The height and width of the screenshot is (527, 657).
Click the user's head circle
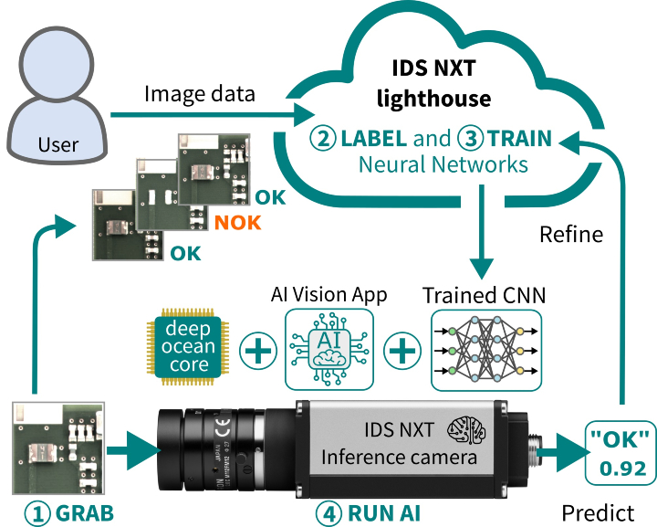[57, 64]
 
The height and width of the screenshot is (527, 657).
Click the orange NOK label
[237, 223]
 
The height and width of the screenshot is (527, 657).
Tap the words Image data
[200, 94]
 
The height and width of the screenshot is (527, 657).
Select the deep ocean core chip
[188, 347]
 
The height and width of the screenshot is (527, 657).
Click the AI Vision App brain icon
[328, 350]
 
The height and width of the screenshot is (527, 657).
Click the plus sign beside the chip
[257, 351]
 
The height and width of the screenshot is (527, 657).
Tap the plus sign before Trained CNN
[402, 351]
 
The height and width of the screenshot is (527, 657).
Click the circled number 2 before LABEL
[323, 138]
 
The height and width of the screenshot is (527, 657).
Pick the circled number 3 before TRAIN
[471, 138]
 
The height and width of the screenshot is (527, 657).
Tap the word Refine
[571, 234]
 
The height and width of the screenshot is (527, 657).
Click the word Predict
[598, 513]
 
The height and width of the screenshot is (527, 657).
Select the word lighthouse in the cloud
[433, 99]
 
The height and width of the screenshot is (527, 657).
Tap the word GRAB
[84, 513]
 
